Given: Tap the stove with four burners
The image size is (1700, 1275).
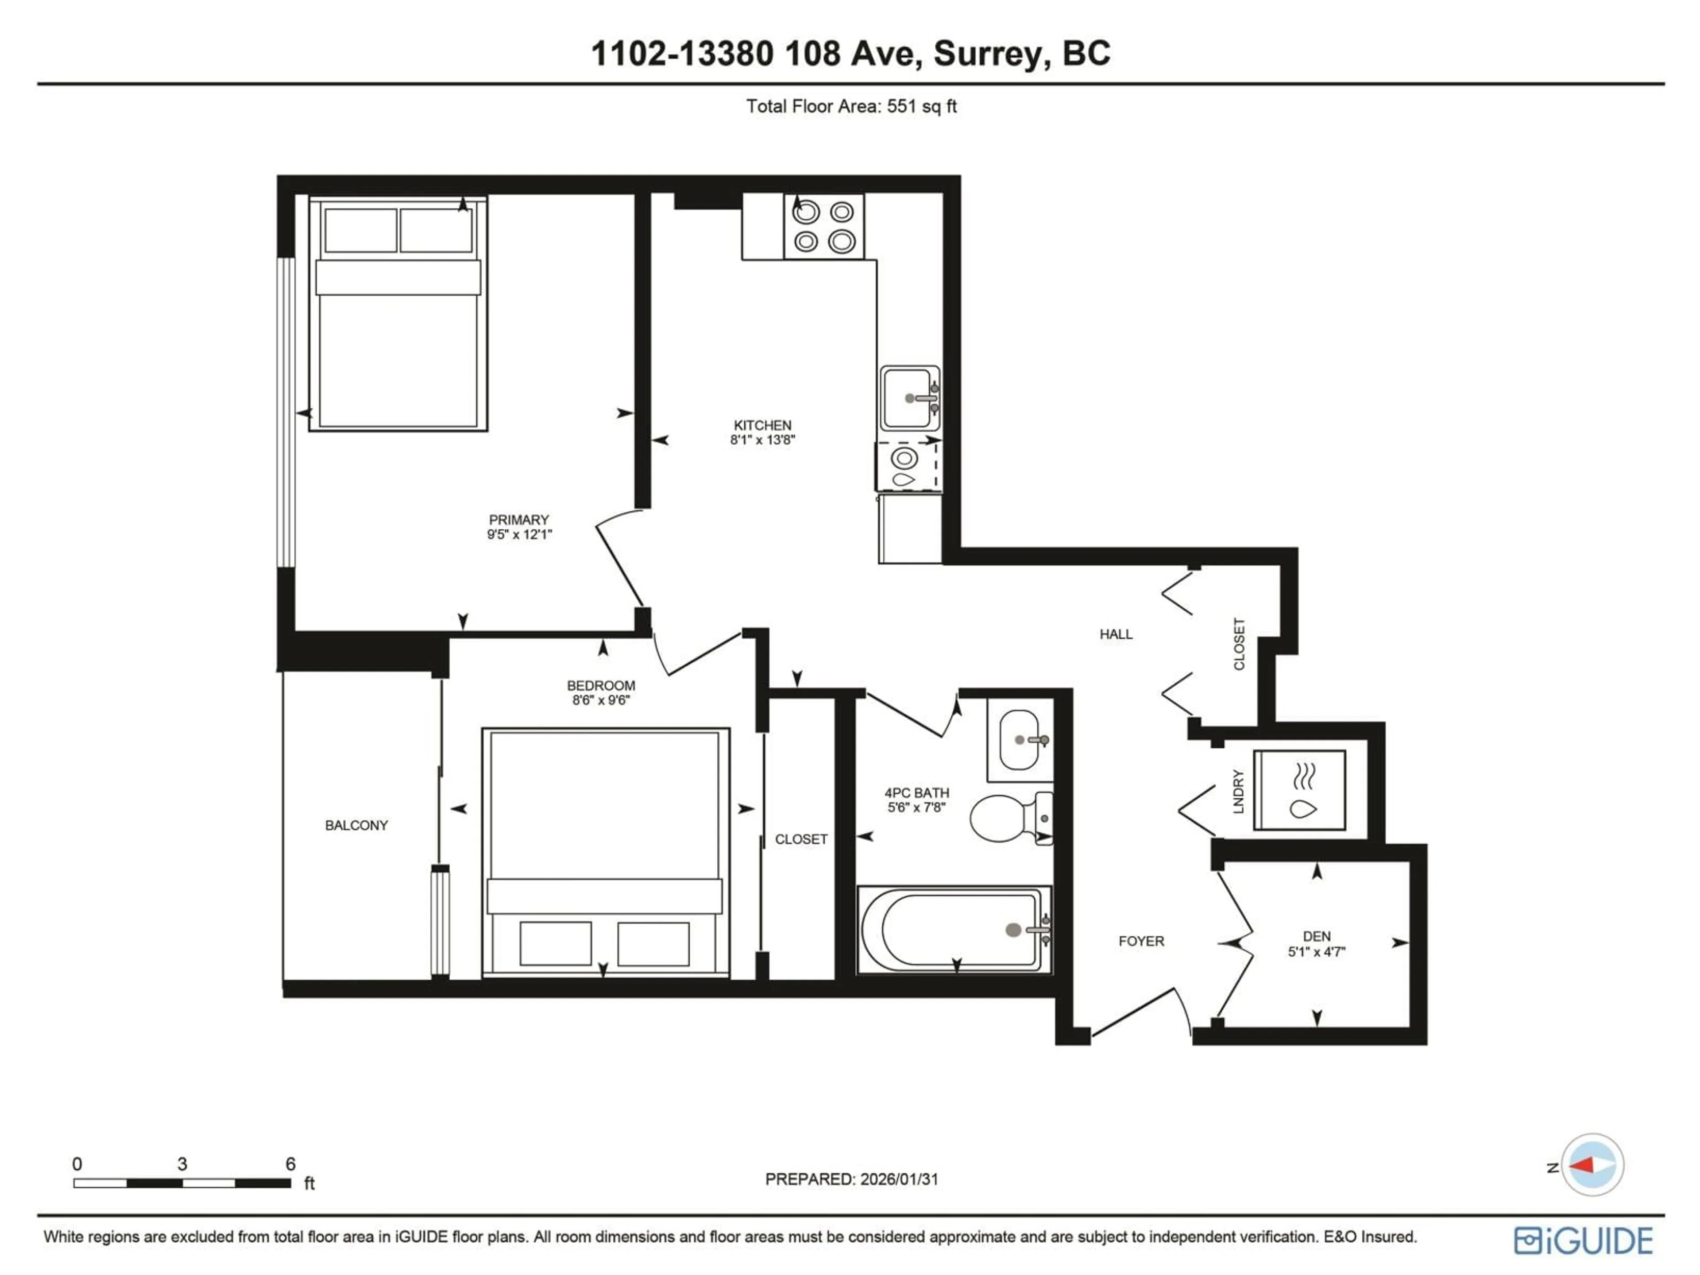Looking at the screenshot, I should click(x=823, y=226).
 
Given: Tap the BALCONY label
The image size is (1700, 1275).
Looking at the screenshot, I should click(x=356, y=825).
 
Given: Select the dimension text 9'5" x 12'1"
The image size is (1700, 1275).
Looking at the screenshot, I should click(x=520, y=535).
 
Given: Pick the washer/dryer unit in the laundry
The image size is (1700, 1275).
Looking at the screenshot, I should click(x=1299, y=790).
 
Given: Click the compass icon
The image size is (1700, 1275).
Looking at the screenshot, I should click(x=1592, y=1165).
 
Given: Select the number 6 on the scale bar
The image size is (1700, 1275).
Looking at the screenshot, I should click(x=290, y=1163).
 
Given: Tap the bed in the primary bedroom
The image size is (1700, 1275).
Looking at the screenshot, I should click(x=398, y=313).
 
